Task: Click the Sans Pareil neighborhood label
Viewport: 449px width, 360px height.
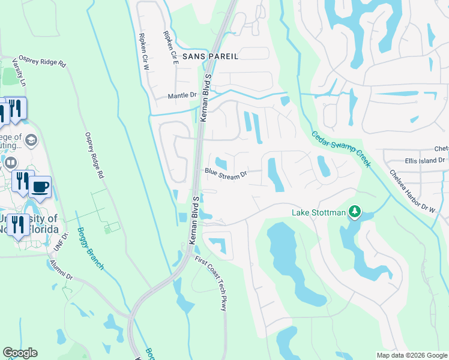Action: [210, 56]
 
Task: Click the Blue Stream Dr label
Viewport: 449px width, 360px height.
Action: [226, 174]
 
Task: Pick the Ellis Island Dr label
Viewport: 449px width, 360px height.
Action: [424, 160]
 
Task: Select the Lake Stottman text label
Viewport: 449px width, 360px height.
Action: [319, 212]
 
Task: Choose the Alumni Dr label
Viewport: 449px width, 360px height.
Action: [61, 269]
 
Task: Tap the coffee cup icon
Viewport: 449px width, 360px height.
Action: [40, 187]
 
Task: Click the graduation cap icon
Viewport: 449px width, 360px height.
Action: [31, 140]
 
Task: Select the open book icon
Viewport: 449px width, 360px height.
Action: [10, 163]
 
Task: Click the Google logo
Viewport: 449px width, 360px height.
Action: [20, 353]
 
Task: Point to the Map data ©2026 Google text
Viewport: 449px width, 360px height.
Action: [412, 355]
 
